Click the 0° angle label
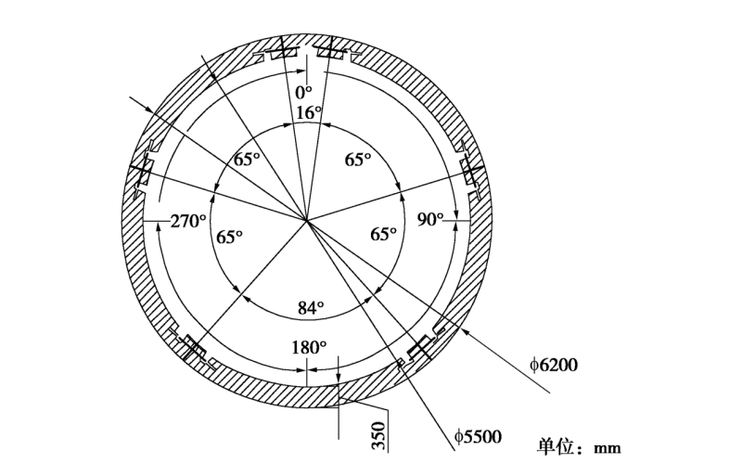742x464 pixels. (x=303, y=92)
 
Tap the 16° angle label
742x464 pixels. (x=309, y=112)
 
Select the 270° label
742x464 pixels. (x=188, y=221)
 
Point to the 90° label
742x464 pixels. (x=430, y=219)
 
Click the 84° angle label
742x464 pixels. (x=311, y=308)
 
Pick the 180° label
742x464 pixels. (x=309, y=348)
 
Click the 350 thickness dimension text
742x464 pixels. (x=378, y=435)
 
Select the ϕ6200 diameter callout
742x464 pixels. (x=554, y=365)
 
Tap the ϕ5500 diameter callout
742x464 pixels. (x=478, y=436)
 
